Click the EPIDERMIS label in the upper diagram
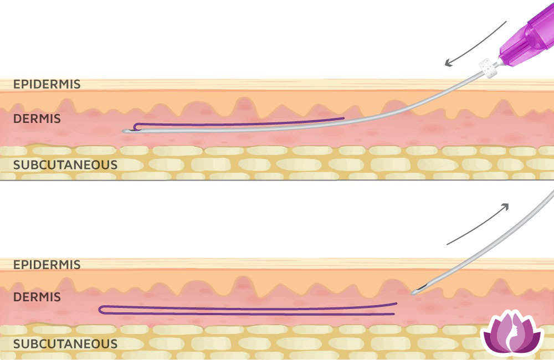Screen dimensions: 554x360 point(47,84)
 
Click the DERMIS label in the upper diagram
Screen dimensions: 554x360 point(37,119)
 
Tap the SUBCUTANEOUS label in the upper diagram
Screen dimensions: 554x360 point(65,165)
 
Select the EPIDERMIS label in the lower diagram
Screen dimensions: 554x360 point(47,265)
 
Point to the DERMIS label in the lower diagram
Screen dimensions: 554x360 point(37,297)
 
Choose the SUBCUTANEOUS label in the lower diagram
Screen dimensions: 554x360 point(65,344)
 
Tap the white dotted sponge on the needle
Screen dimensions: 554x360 point(488,68)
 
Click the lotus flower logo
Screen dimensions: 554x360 point(512,332)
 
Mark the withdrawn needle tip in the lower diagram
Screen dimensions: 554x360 point(413,293)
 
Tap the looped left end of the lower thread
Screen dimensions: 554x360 point(100,310)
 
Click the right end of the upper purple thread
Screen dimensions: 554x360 point(344,118)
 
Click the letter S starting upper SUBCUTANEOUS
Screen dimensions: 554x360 point(17,165)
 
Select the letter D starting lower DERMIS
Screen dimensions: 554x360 point(17,297)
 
